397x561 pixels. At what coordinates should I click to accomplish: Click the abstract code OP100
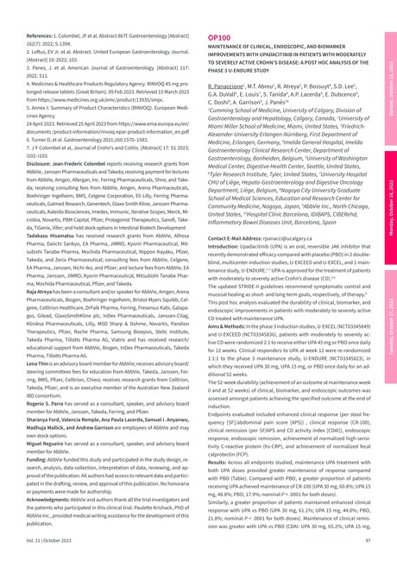coord(219,39)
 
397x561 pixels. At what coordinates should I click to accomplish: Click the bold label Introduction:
coord(227,220)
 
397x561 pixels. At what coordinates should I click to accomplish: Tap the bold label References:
coord(31,37)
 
